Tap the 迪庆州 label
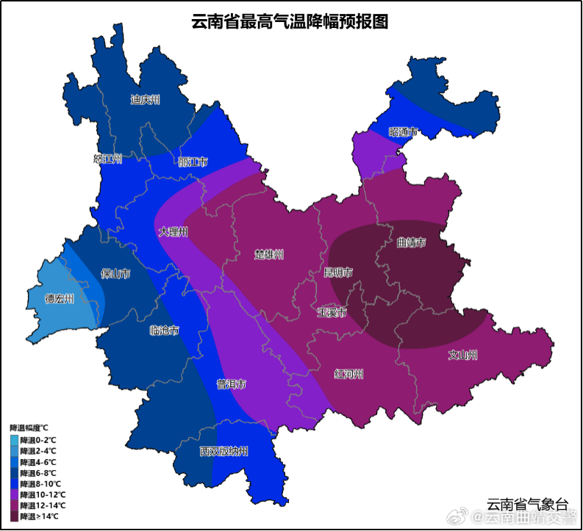145,100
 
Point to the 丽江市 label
193,162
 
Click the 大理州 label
174,232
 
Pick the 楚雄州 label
269,255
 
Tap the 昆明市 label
338,272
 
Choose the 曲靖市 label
411,242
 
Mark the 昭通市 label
403,132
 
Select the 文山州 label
462,355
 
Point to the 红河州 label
348,375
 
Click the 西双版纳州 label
224,451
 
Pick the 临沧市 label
163,330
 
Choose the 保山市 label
115,274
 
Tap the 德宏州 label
60,299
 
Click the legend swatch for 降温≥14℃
15,516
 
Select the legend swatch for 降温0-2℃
15,439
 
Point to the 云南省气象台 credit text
527,504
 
